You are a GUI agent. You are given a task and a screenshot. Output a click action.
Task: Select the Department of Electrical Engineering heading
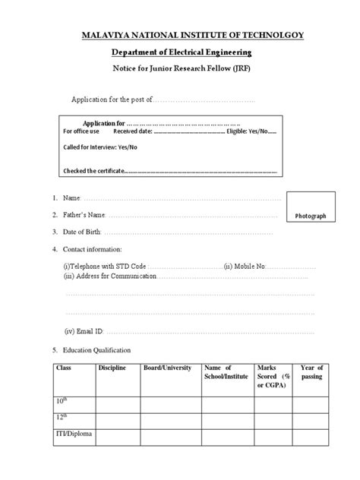tap(179, 52)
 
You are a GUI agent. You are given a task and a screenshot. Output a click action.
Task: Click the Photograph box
tap(311, 216)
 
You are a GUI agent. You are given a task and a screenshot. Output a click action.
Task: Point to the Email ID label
tap(84, 331)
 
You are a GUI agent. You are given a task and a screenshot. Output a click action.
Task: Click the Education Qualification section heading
tap(96, 350)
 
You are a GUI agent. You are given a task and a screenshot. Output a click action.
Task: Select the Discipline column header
tap(112, 368)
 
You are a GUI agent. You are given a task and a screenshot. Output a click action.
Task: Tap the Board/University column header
tap(166, 368)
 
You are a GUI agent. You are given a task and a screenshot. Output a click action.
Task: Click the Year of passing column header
tap(312, 373)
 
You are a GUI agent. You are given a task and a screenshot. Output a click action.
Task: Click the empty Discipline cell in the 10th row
tap(115, 401)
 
